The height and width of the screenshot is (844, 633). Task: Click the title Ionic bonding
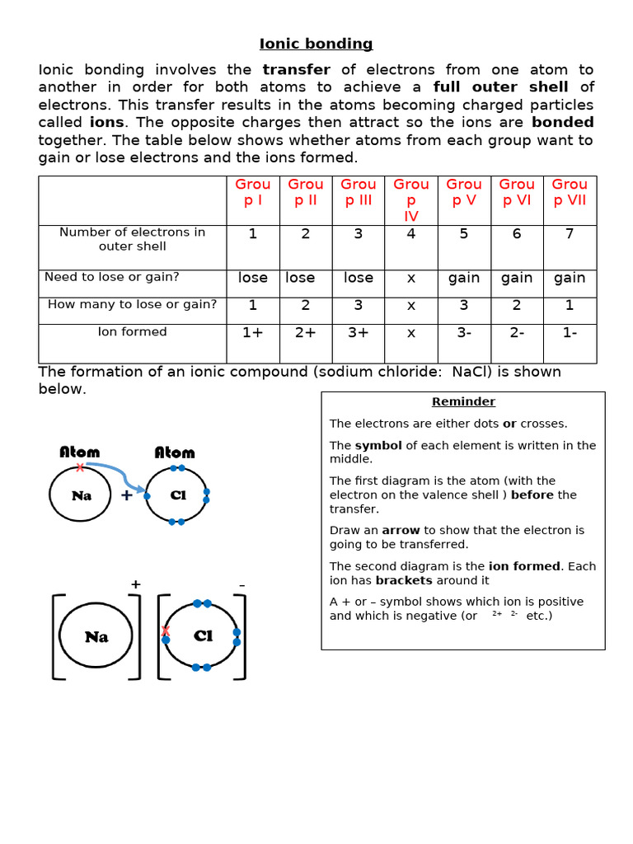[x=316, y=44]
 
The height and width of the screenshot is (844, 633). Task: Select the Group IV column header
[x=410, y=200]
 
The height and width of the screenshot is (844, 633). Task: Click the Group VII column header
[x=570, y=192]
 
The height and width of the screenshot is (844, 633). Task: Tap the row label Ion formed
[x=132, y=332]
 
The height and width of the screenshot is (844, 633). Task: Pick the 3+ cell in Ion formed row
[x=358, y=333]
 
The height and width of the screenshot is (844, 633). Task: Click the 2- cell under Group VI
[x=517, y=333]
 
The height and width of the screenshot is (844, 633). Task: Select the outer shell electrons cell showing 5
[x=464, y=234]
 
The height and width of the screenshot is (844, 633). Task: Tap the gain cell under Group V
[x=464, y=278]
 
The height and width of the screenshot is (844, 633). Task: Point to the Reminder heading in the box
[x=463, y=402]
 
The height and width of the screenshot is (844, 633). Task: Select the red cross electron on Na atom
[x=80, y=467]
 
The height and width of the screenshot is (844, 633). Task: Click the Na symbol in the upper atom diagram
[x=81, y=495]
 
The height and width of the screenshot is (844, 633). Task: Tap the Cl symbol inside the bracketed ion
[x=203, y=635]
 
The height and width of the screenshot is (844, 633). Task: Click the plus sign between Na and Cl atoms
[x=127, y=495]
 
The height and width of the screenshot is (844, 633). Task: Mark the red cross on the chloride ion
[x=165, y=631]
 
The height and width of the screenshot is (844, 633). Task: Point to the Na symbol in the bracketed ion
[x=96, y=637]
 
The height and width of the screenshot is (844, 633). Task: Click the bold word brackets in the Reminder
[x=404, y=580]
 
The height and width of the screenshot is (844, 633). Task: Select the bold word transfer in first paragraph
[x=296, y=70]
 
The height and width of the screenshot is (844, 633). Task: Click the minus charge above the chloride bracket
[x=241, y=585]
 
